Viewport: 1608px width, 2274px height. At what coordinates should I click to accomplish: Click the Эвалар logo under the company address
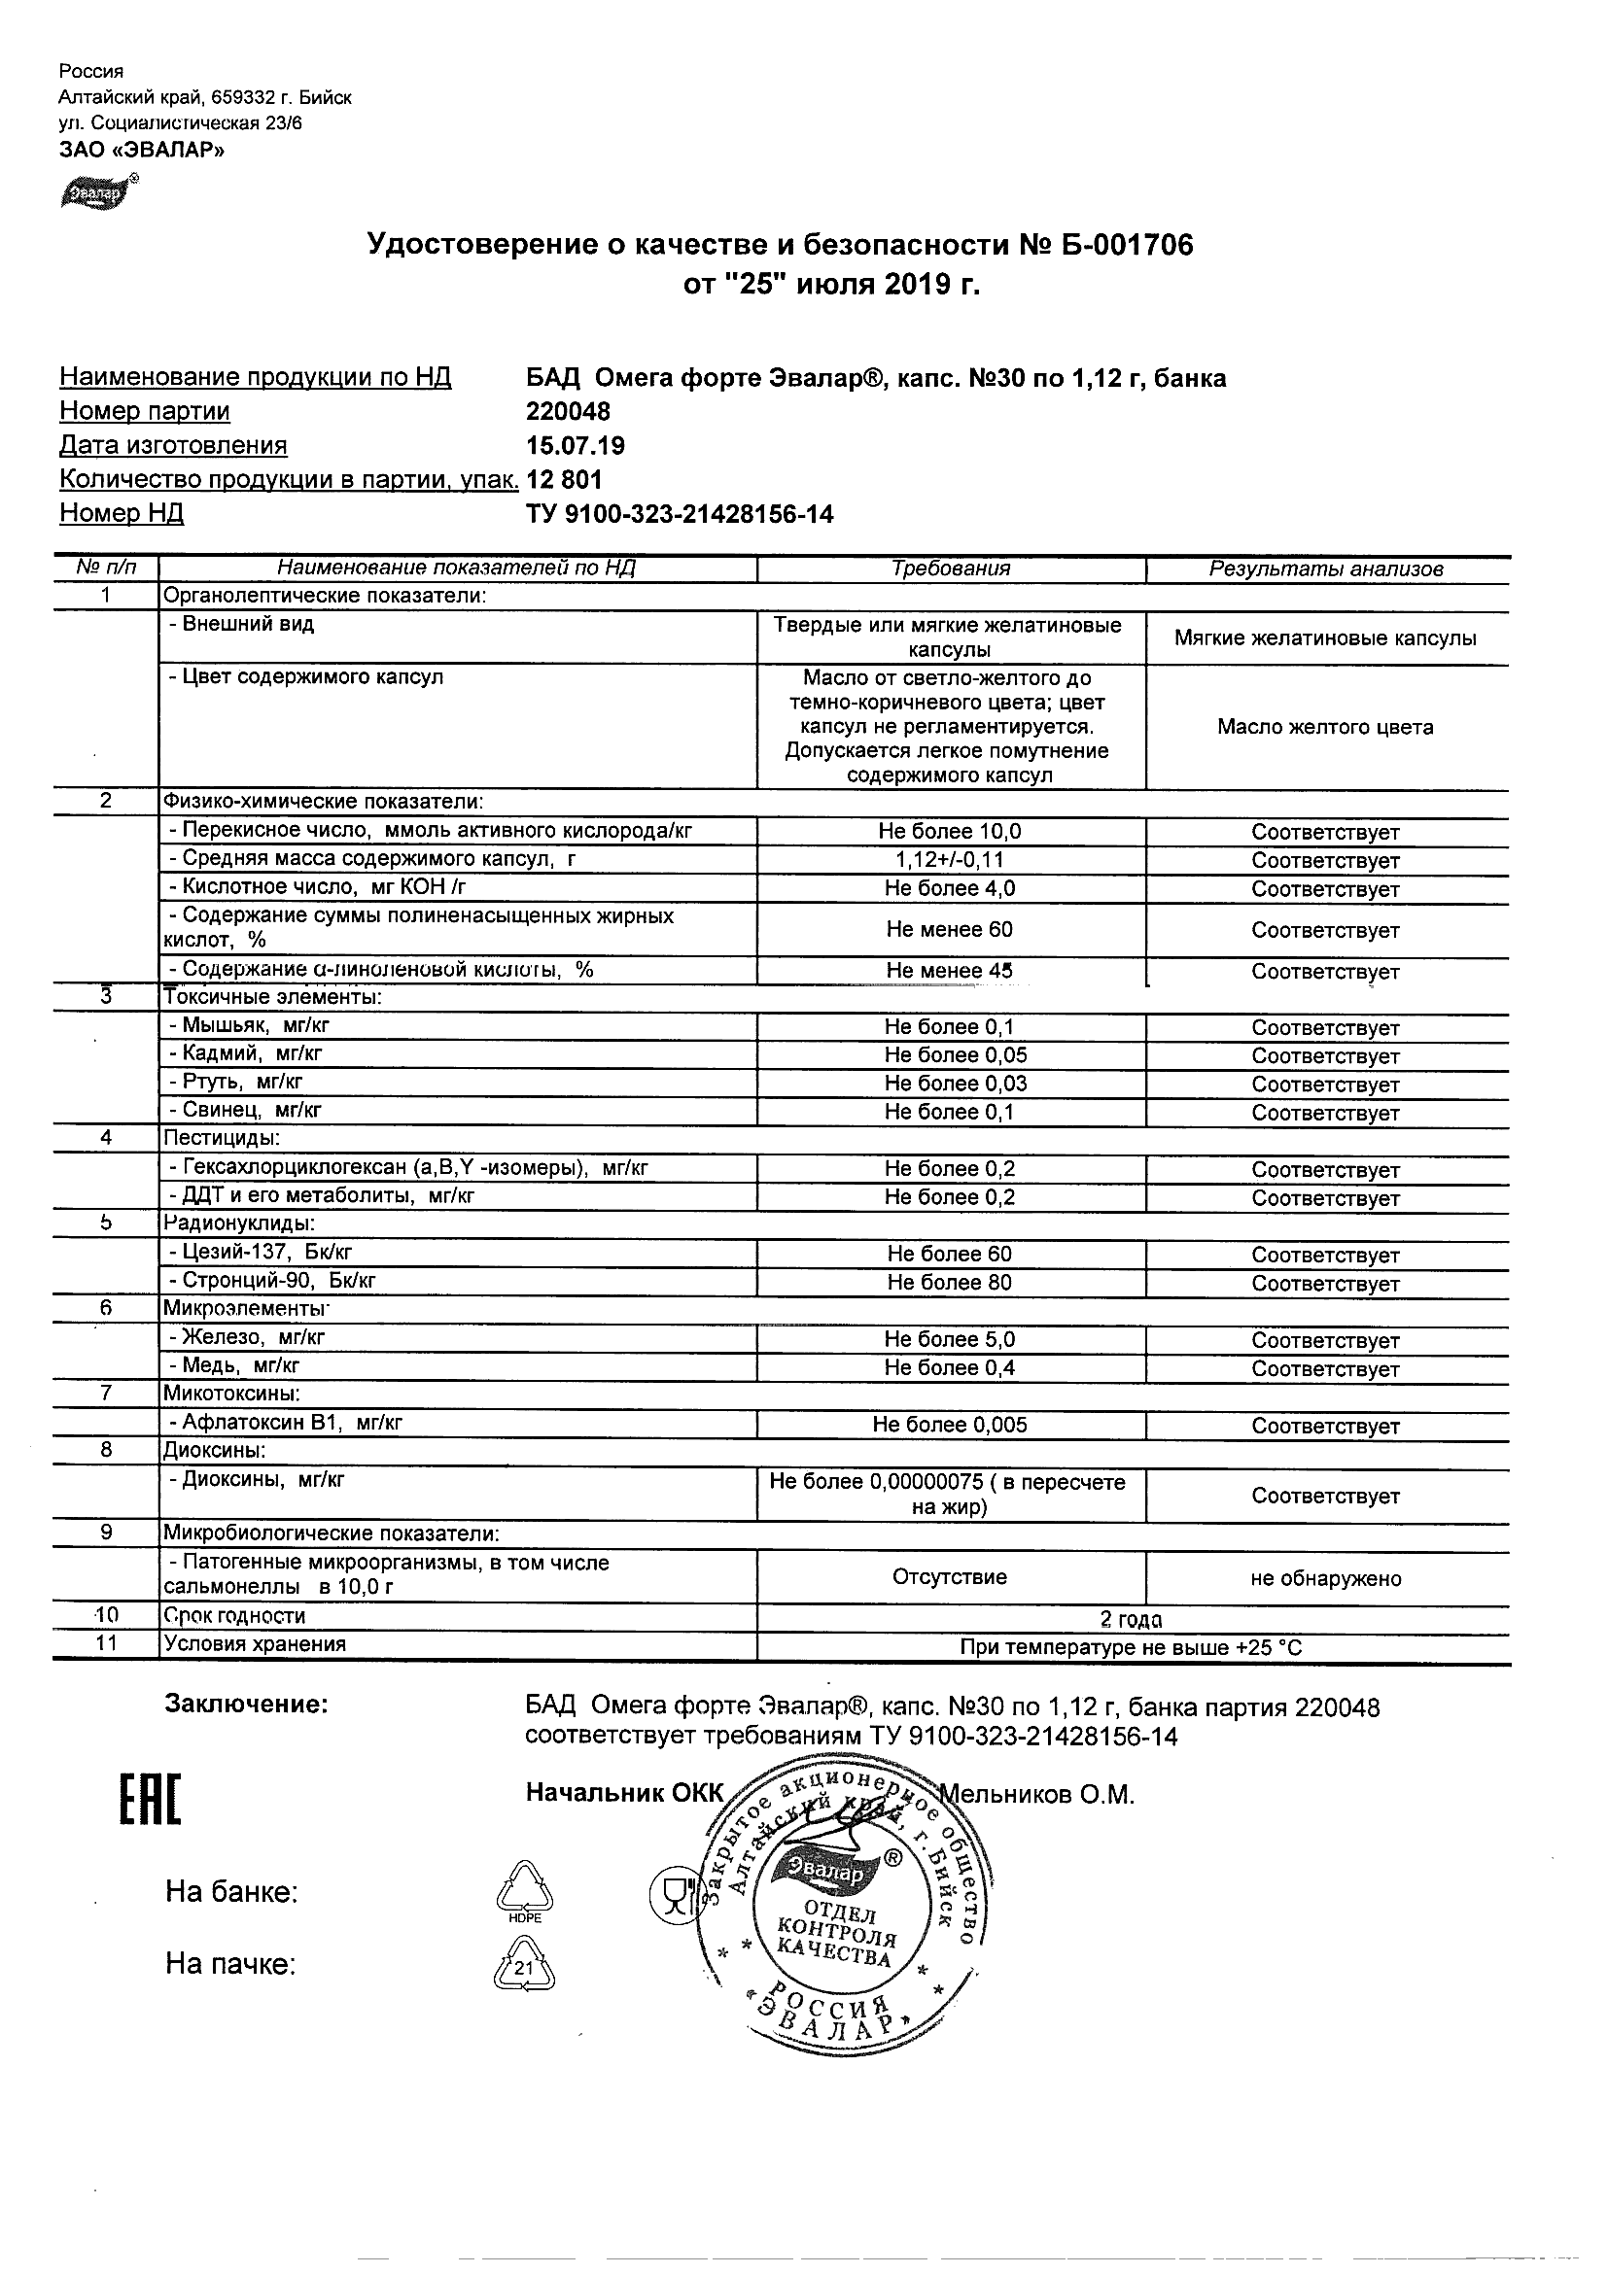[x=96, y=193]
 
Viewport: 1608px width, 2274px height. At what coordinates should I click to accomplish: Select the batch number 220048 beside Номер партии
[x=569, y=411]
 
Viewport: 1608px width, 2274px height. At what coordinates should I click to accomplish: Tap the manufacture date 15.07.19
[x=576, y=446]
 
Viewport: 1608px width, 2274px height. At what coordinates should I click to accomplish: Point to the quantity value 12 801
[x=565, y=479]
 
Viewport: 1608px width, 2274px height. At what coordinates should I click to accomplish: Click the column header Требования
[x=950, y=568]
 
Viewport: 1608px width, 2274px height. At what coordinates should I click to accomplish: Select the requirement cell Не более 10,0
[x=949, y=832]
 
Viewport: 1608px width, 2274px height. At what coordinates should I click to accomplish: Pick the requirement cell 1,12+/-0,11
[x=949, y=860]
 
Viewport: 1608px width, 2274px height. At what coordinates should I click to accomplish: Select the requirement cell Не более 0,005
[x=949, y=1426]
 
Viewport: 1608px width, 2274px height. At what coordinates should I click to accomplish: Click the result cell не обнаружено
[x=1326, y=1579]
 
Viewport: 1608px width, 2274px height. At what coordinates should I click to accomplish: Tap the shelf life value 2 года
[x=1131, y=1620]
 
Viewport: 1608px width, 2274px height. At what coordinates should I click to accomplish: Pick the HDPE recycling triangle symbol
[x=524, y=1890]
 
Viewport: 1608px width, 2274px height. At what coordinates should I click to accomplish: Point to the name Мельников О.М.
[x=1035, y=1795]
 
